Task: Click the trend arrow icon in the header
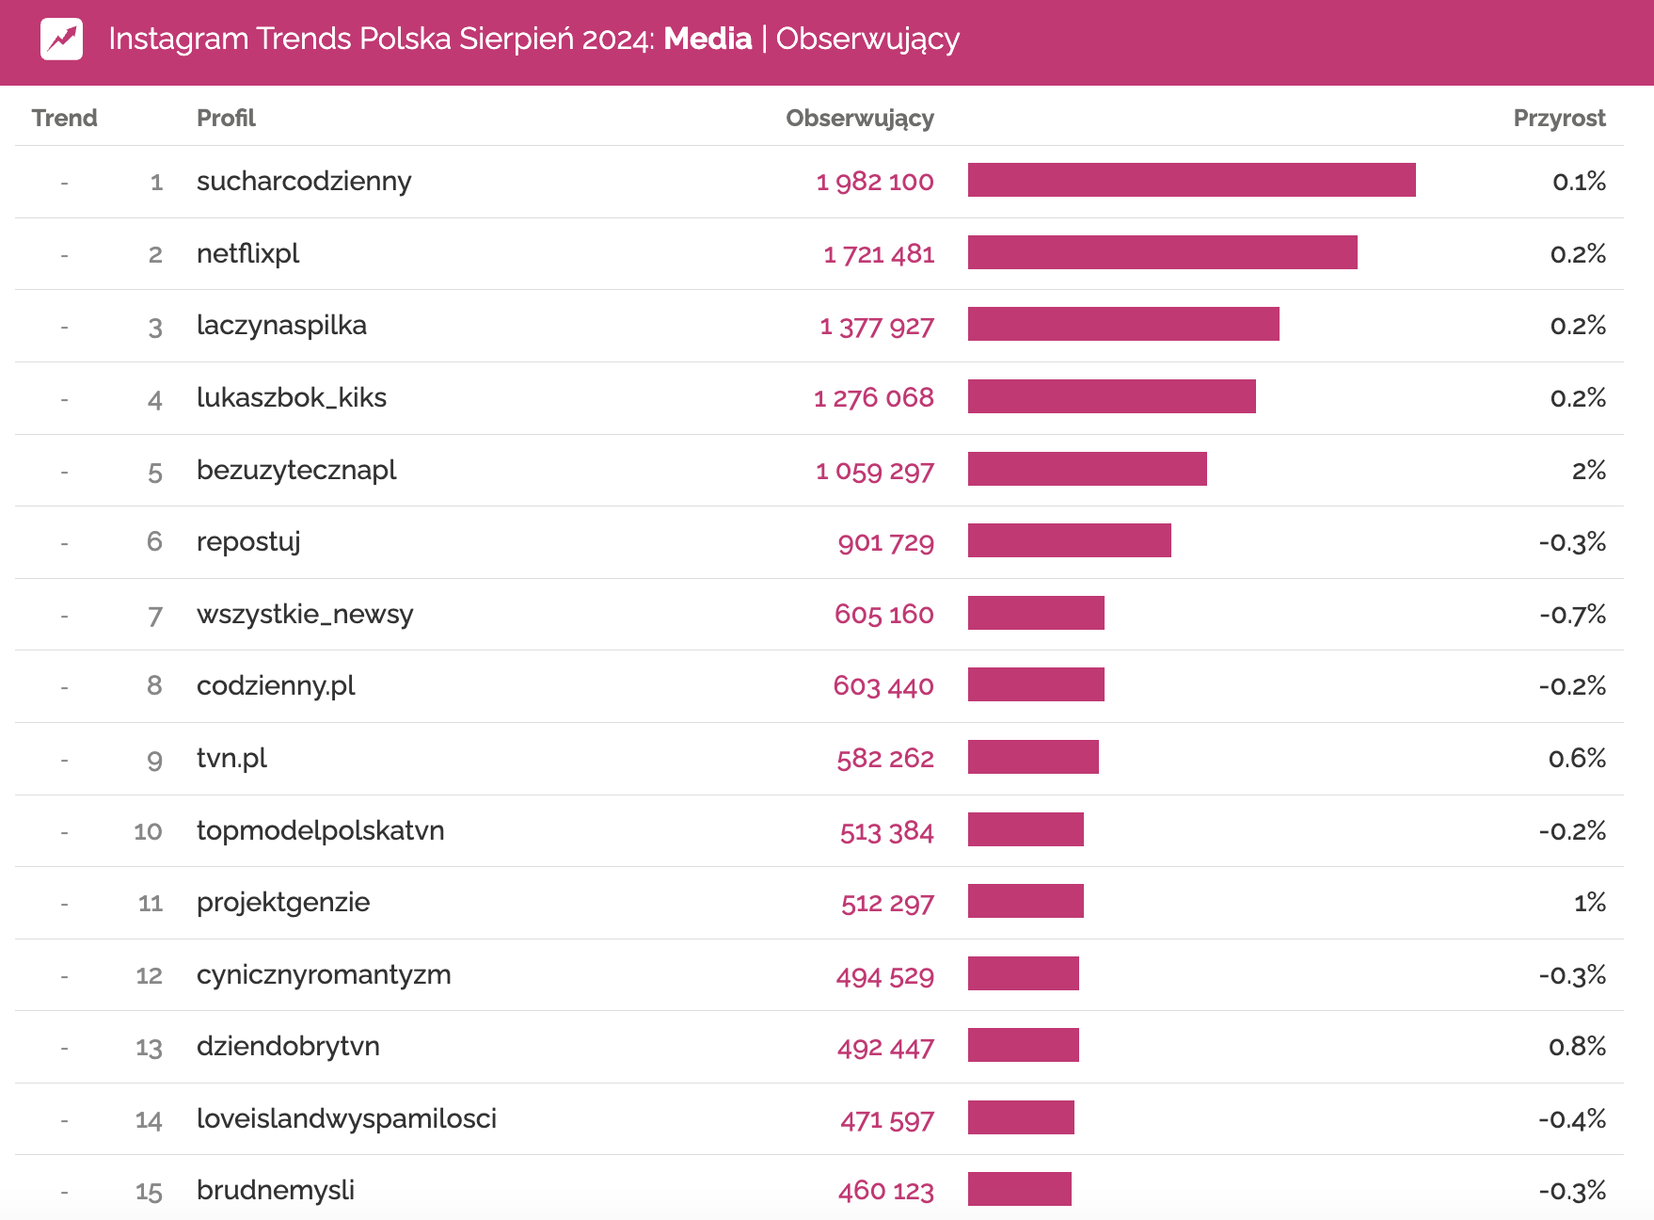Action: pyautogui.click(x=61, y=40)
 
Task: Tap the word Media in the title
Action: pyautogui.click(x=708, y=39)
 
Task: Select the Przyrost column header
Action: pyautogui.click(x=1558, y=118)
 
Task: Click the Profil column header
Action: pyautogui.click(x=226, y=118)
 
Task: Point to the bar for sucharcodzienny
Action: pyautogui.click(x=1191, y=180)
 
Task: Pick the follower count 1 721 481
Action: pyautogui.click(x=879, y=254)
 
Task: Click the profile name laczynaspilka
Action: pyautogui.click(x=281, y=326)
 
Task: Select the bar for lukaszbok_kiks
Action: pyautogui.click(x=1111, y=396)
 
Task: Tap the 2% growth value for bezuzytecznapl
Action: pyautogui.click(x=1588, y=470)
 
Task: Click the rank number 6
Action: pyautogui.click(x=154, y=541)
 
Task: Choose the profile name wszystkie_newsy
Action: pyautogui.click(x=305, y=615)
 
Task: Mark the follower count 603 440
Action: pyautogui.click(x=883, y=686)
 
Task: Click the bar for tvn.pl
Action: pyautogui.click(x=1033, y=757)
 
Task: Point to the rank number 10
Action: pyautogui.click(x=148, y=831)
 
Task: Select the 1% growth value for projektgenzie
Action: pyautogui.click(x=1589, y=903)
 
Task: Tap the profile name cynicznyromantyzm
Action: pyautogui.click(x=324, y=975)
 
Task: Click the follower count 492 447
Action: pyautogui.click(x=885, y=1048)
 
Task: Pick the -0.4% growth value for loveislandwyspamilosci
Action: pyautogui.click(x=1571, y=1119)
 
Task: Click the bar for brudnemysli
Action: pyautogui.click(x=1019, y=1189)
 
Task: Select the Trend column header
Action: pyautogui.click(x=64, y=118)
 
